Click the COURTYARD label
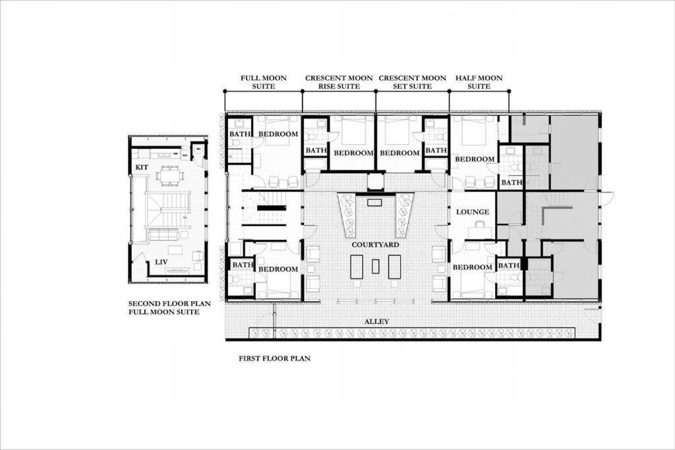point(375,244)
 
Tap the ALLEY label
point(377,322)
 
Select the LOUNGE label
point(473,212)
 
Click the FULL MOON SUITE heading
point(263,82)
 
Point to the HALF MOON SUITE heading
point(479,82)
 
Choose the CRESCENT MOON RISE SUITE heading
point(339,82)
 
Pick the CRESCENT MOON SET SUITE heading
point(412,82)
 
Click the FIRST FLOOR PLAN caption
point(274,359)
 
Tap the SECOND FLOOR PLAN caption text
point(169,304)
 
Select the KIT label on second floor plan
point(142,168)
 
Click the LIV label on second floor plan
point(161,262)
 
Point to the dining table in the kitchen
point(170,176)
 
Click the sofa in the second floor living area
point(163,234)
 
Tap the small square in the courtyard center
point(375,266)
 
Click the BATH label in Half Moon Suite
point(512,183)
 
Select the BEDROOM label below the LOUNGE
point(473,267)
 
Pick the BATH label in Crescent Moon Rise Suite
point(316,150)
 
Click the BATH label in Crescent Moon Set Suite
point(436,150)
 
